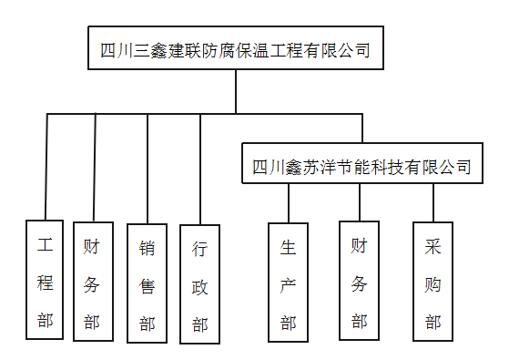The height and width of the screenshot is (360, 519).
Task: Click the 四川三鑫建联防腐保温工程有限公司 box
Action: point(235,48)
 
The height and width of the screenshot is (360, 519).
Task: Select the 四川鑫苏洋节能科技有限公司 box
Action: point(361,166)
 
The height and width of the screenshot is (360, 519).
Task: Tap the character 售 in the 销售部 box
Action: point(147,285)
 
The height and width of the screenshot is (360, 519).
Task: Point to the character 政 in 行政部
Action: point(199,286)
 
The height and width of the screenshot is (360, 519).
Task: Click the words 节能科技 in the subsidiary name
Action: point(369,167)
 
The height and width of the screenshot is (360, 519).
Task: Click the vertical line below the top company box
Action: point(236,91)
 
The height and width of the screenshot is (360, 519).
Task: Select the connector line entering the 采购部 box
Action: point(433,202)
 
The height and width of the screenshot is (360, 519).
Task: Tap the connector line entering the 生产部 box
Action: point(289,202)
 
